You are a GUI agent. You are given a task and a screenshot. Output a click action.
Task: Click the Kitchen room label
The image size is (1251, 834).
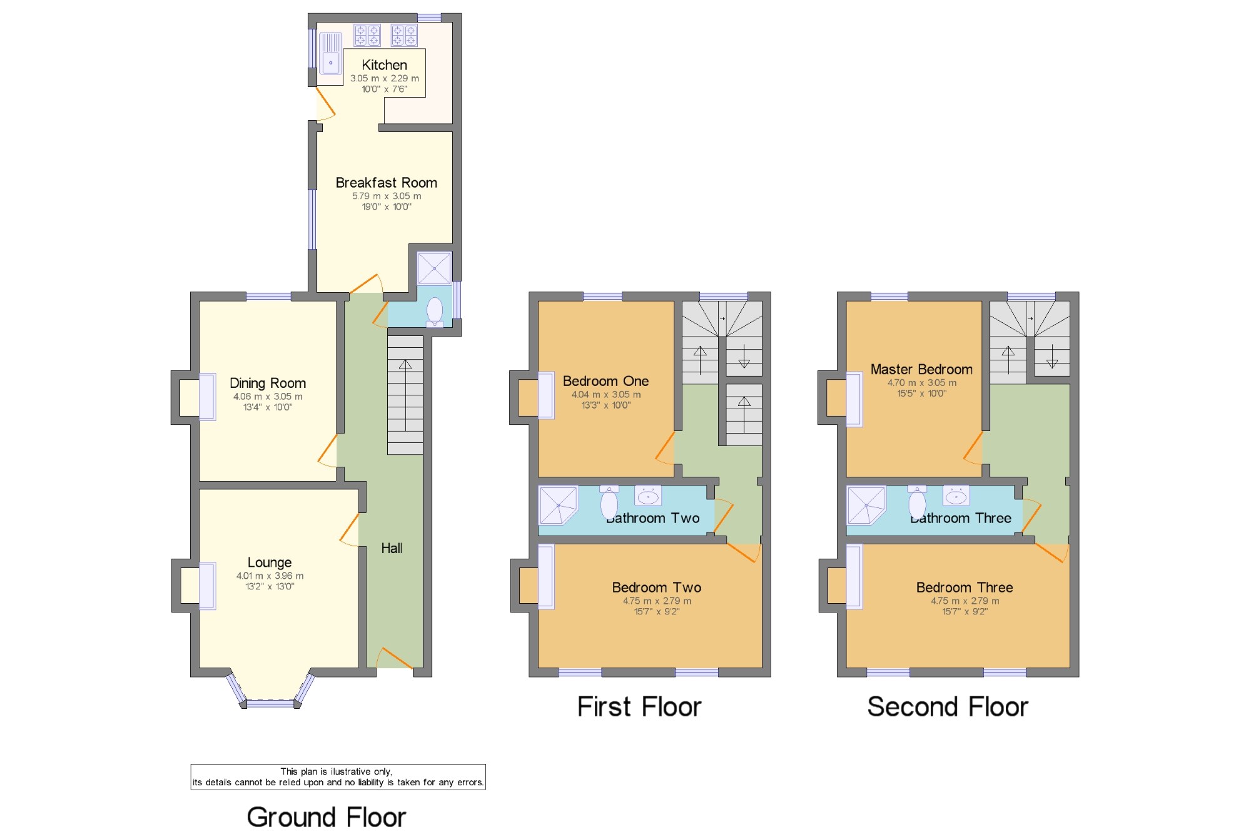384,65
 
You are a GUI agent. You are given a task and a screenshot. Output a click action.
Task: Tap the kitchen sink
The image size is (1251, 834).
331,54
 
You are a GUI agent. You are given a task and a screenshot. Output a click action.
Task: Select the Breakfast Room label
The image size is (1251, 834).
387,183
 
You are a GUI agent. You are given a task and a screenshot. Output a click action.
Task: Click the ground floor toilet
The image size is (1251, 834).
435,312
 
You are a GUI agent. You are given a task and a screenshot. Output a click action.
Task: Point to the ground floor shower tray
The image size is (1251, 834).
434,268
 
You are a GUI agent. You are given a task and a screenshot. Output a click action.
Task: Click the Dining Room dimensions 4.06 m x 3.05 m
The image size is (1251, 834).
268,397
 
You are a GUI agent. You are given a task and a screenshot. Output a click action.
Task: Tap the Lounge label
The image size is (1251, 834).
270,562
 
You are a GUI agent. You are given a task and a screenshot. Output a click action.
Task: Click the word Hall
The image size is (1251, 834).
392,548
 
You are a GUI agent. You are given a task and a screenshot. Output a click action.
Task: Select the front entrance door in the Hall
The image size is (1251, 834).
395,658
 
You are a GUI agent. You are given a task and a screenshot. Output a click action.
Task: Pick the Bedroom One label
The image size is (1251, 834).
605,381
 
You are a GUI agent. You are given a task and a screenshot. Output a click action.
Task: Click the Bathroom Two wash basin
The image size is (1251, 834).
648,496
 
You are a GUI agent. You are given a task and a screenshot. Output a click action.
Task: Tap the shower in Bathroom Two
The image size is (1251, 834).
558,505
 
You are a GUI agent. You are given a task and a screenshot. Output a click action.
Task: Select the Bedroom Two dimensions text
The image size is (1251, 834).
657,606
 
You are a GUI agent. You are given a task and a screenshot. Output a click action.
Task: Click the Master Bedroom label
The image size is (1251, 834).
921,369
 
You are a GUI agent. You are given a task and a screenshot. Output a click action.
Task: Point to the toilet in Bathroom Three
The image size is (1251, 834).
917,501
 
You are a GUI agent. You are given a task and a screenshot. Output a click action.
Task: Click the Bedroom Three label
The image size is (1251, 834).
965,587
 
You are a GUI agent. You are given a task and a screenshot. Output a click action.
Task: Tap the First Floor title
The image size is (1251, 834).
639,707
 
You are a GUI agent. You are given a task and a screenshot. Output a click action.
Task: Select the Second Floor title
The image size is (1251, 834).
948,707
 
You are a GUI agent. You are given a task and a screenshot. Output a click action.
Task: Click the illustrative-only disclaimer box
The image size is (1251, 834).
338,777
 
